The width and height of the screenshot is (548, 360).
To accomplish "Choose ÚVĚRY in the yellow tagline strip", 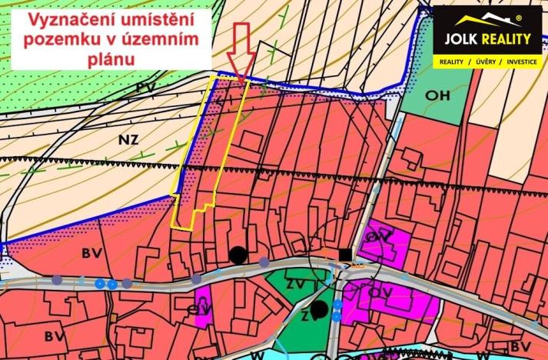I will click(x=479, y=60).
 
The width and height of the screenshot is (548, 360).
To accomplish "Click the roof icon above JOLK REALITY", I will click(x=483, y=19).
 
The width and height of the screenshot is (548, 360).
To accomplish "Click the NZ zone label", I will click(x=131, y=139).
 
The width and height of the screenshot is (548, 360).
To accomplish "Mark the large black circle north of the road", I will click(x=238, y=255).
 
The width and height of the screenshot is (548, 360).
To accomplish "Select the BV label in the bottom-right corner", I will click(x=522, y=346).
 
